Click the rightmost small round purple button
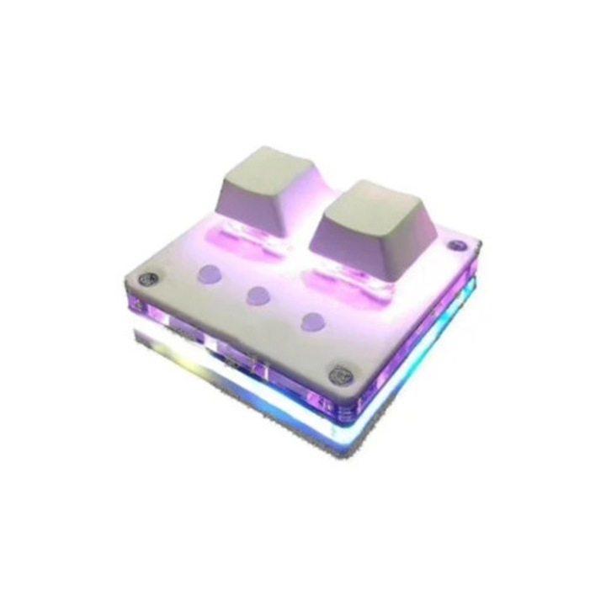click(314, 320)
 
